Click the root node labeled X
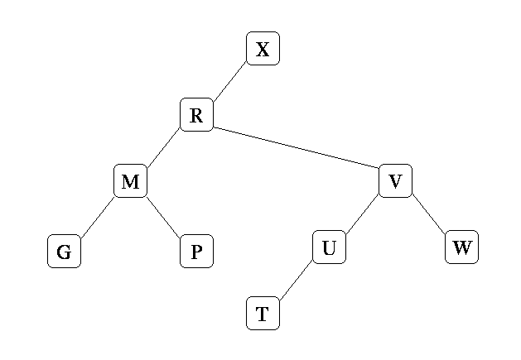(x=263, y=49)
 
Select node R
(x=196, y=115)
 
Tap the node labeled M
(x=130, y=181)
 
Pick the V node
(x=395, y=181)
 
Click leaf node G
(x=64, y=252)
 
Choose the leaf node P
(x=196, y=252)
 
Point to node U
(x=329, y=247)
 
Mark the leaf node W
(x=461, y=247)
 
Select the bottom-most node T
(x=263, y=314)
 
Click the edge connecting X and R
(x=229, y=82)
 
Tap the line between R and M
(x=163, y=148)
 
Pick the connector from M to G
(x=97, y=216)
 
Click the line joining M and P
(x=163, y=216)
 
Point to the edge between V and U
(x=362, y=214)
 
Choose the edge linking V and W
(x=428, y=214)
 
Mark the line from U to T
(x=296, y=281)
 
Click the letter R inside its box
(x=196, y=115)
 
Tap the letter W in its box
(x=461, y=247)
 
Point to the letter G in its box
(x=64, y=252)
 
